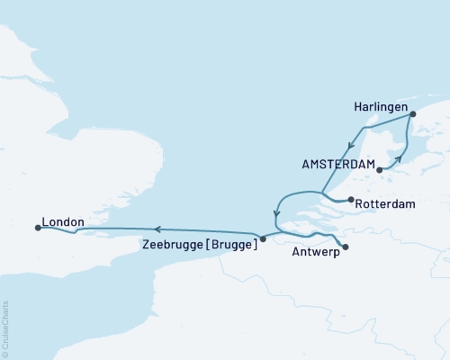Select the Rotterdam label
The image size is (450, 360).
coord(385,204)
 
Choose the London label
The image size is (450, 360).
coord(62,221)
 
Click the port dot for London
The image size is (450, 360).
coord(38,228)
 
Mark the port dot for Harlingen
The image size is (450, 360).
coord(413,114)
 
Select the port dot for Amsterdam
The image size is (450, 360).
coord(379,169)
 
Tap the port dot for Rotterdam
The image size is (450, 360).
coord(349,202)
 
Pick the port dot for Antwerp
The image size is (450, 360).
coord(346,246)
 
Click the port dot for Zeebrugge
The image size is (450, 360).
coord(263,239)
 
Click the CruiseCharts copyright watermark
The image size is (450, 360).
coord(6,328)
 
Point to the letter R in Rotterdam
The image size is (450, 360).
coord(360,204)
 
